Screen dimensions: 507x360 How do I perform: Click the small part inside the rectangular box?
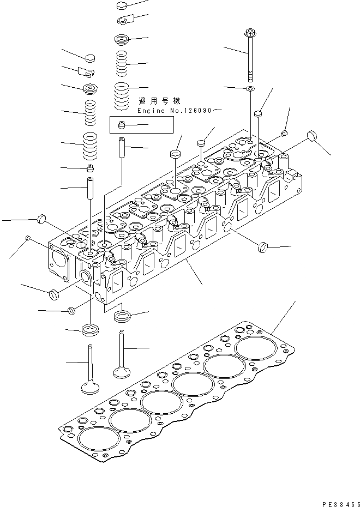[x=123, y=125]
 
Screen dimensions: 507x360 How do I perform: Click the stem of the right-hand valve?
[x=122, y=349]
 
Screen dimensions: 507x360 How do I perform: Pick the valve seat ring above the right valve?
[x=122, y=316]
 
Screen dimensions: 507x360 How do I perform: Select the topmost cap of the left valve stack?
[x=91, y=57]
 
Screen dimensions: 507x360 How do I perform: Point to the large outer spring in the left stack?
[x=89, y=143]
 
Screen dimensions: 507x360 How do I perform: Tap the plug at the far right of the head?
[x=313, y=135]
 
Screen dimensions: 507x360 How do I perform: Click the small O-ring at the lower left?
[x=71, y=311]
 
